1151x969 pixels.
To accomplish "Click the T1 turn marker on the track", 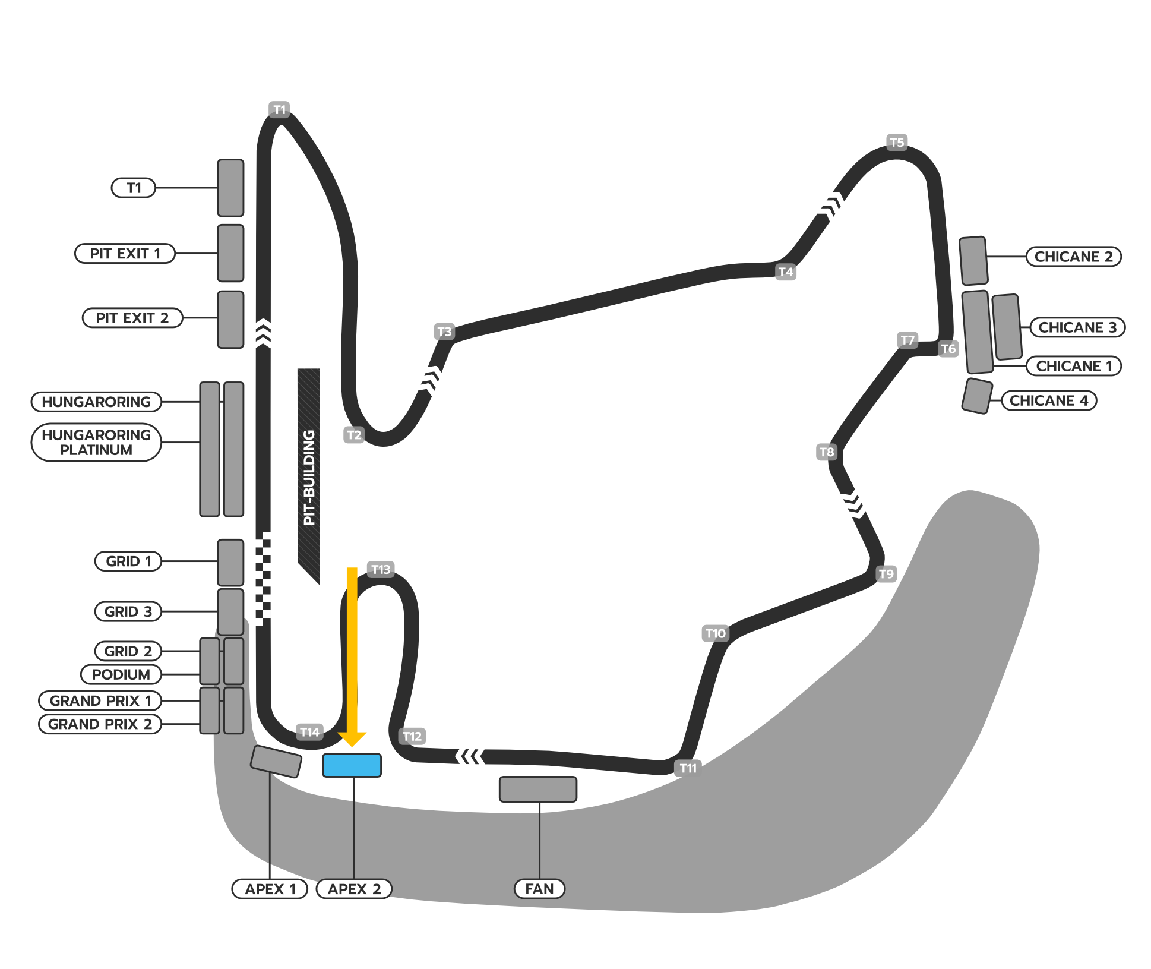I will click(279, 110).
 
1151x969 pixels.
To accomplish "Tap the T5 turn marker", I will click(897, 143).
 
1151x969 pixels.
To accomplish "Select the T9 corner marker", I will click(886, 574).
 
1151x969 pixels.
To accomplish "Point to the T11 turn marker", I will click(688, 768).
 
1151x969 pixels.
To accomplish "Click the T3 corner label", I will click(444, 332).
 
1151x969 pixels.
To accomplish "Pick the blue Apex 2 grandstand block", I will click(352, 765).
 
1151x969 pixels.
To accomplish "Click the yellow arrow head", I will click(352, 739).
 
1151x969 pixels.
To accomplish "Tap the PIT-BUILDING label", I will click(309, 477).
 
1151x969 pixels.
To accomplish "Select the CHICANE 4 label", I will click(1049, 400).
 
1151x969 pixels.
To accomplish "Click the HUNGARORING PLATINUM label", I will click(96, 443).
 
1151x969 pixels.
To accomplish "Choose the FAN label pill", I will click(539, 889).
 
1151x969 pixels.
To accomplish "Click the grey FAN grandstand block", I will click(538, 789).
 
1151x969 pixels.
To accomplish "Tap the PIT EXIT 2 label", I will click(132, 318).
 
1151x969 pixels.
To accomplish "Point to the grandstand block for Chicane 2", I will click(973, 261).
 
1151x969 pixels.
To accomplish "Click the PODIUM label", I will click(121, 674).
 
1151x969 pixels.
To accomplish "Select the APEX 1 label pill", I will click(270, 889).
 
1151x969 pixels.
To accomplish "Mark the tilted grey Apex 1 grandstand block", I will click(276, 761).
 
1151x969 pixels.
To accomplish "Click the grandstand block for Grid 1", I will click(230, 562).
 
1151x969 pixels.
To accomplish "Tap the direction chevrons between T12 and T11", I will click(470, 756).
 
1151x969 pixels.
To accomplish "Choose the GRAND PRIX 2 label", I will click(100, 724).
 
